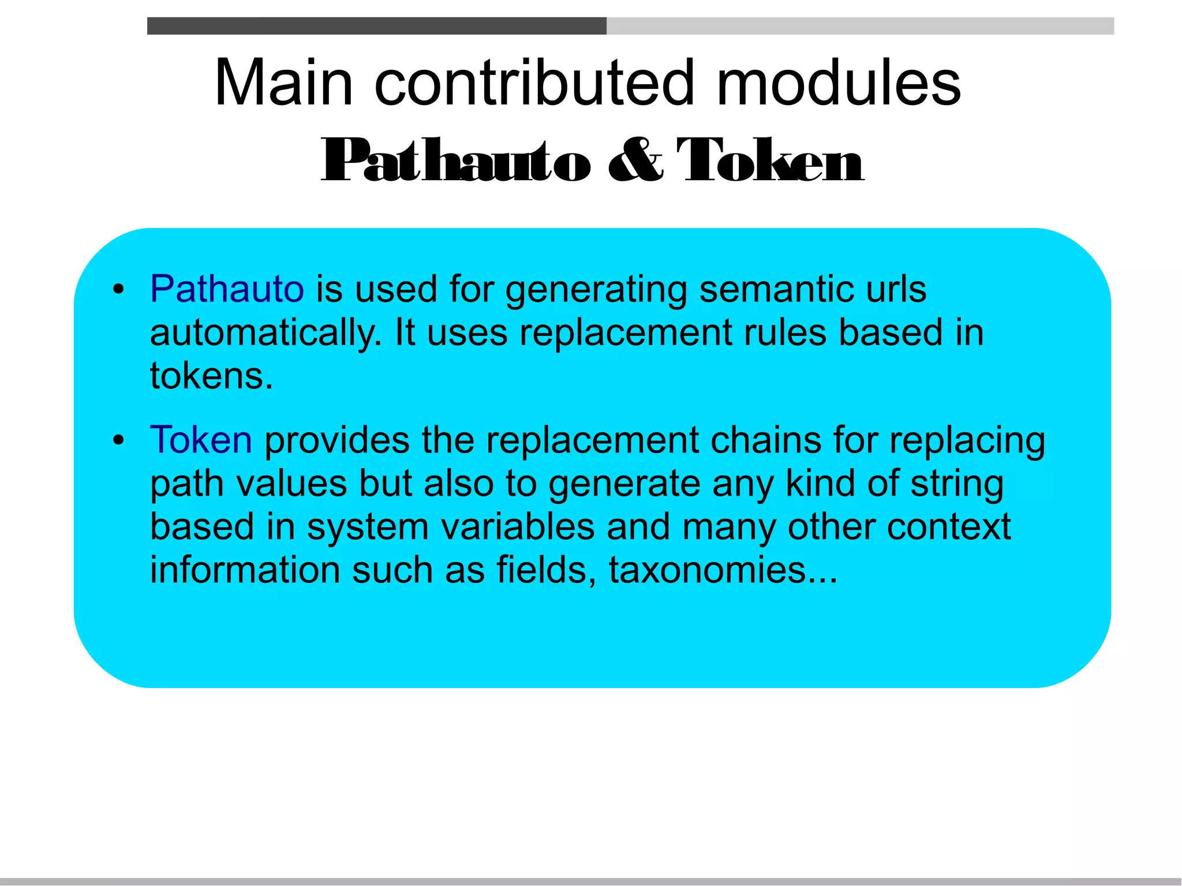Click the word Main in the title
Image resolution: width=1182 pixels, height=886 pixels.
point(283,84)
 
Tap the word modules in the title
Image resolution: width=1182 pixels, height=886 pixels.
point(838,84)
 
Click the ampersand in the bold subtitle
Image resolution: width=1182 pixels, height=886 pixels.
point(635,160)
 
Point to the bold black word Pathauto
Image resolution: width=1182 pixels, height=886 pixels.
point(456,160)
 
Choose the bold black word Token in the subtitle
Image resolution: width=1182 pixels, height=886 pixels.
point(770,160)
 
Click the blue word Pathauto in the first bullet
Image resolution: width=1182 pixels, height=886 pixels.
point(227,289)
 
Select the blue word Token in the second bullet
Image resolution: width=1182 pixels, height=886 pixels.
point(201,440)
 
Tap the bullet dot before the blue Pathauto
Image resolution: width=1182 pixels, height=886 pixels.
point(119,290)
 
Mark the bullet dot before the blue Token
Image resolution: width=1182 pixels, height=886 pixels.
point(119,442)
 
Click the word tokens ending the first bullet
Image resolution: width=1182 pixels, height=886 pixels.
point(211,376)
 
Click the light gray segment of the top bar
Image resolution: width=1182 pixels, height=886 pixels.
point(860,26)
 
